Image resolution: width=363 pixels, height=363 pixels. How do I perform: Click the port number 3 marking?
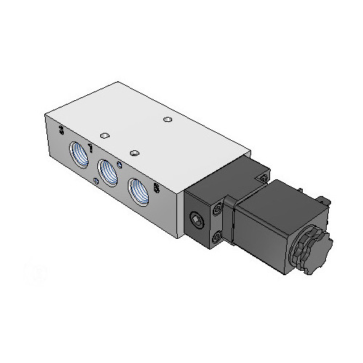coord(62,131)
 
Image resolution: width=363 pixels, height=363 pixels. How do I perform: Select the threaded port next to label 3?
coord(77,154)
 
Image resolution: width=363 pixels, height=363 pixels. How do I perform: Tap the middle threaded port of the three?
coord(107,173)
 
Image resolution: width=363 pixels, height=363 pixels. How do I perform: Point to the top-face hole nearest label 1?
coord(105,135)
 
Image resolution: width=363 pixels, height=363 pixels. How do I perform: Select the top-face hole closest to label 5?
coord(134,152)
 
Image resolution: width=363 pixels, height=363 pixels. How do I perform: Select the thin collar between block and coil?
coord(231,221)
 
